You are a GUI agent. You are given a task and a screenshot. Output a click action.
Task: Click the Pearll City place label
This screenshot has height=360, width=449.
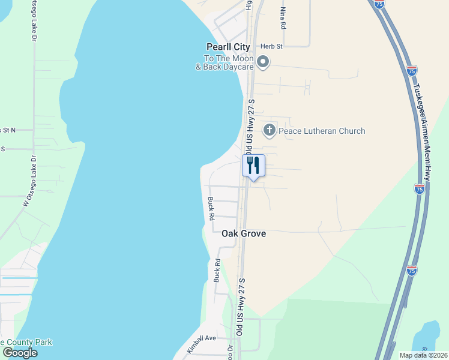[228, 47]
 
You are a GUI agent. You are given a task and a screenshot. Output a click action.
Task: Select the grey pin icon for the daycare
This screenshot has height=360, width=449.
[263, 61]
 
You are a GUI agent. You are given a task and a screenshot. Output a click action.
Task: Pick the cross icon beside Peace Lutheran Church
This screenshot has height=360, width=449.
[270, 130]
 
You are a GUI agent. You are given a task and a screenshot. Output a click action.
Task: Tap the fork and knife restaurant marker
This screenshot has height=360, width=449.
[253, 166]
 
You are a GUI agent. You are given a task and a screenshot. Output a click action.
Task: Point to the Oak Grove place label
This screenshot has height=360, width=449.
[244, 233]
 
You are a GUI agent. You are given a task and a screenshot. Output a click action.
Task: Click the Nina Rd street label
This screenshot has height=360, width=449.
[282, 19]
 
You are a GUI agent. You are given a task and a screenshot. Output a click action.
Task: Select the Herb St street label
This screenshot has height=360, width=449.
[271, 46]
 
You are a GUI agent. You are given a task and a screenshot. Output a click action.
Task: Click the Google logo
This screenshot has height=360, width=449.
[20, 353]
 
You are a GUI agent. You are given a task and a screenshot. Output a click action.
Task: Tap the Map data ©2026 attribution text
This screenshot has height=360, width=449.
[423, 355]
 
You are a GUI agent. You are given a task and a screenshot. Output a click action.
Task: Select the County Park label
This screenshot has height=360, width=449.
[26, 343]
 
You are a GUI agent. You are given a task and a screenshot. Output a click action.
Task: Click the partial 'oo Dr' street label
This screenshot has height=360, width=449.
[230, 352]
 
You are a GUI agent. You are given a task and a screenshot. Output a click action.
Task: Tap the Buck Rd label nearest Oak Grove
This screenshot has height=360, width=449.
[211, 209]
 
